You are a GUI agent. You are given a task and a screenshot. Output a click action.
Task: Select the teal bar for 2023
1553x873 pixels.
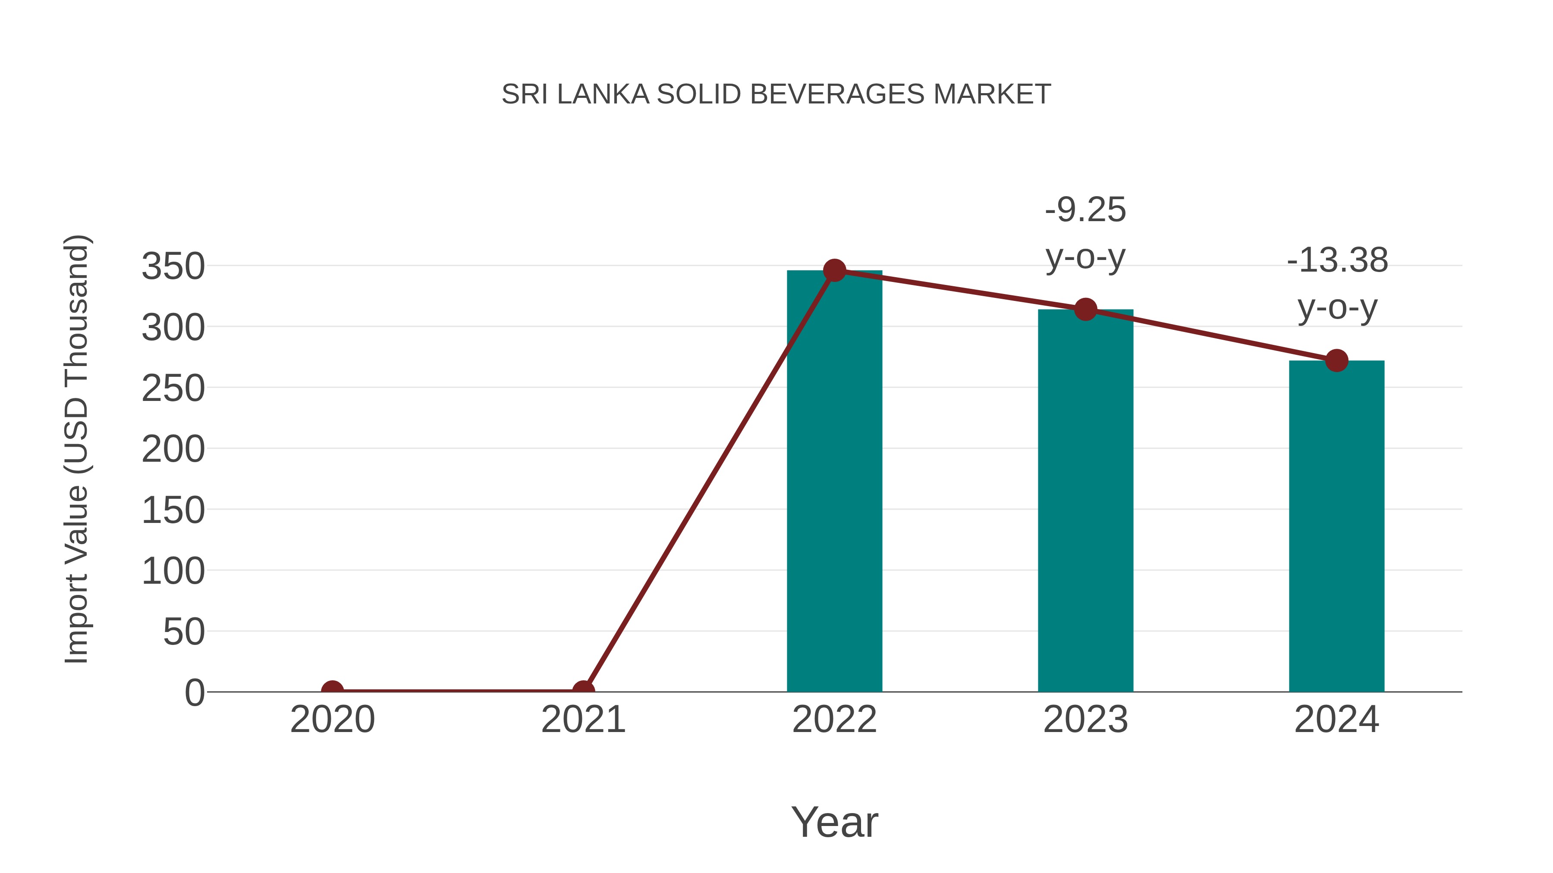(x=1085, y=500)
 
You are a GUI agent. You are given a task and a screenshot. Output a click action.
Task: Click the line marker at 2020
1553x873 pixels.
(x=332, y=691)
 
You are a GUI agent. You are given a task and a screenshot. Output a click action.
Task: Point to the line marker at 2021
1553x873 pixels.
(x=583, y=691)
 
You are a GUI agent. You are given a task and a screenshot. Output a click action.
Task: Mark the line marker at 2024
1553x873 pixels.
(x=1336, y=361)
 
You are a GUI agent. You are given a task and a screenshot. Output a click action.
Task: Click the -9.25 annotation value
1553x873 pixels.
(x=1085, y=210)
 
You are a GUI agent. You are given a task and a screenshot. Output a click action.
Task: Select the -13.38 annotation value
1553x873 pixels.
(x=1337, y=261)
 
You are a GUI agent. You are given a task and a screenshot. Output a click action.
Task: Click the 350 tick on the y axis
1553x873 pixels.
(x=173, y=266)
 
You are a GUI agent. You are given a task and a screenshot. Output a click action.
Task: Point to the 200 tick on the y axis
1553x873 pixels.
(x=173, y=450)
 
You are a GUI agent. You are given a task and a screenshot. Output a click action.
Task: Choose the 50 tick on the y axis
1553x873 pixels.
(x=184, y=632)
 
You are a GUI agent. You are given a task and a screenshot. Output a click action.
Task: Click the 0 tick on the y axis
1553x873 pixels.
(x=195, y=693)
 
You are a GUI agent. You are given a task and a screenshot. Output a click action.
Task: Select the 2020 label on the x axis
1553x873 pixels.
(x=332, y=720)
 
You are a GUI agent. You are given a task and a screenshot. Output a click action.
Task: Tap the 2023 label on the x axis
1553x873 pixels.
(x=1085, y=720)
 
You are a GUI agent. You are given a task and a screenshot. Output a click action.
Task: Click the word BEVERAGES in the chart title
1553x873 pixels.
(x=837, y=94)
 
